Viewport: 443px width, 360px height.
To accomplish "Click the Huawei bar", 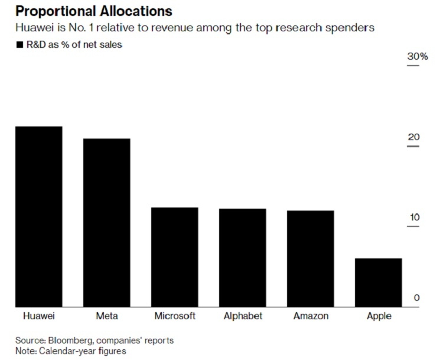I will [x=39, y=216].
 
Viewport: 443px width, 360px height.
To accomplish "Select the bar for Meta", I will [x=106, y=222].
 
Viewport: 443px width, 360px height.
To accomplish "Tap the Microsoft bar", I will [x=174, y=257].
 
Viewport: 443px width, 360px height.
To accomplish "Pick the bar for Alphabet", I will [x=243, y=257].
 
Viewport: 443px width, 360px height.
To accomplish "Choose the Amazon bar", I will [x=311, y=258].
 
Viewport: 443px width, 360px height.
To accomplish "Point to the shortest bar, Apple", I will [x=379, y=282].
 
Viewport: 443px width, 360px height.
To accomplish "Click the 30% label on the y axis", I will [x=416, y=57].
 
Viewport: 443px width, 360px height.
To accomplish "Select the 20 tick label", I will [x=413, y=137].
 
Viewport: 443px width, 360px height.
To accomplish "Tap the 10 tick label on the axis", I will [x=413, y=218].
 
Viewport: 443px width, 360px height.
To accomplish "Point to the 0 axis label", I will [x=416, y=297].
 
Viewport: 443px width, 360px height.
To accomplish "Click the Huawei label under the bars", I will [x=38, y=316].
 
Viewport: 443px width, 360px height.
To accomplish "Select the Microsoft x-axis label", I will [x=175, y=316].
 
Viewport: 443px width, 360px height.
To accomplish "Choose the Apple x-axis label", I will [x=379, y=316].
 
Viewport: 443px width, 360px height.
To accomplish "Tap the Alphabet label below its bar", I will [x=243, y=316].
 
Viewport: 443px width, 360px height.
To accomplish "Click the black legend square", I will [x=19, y=45].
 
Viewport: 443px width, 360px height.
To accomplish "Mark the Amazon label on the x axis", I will [x=311, y=316].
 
